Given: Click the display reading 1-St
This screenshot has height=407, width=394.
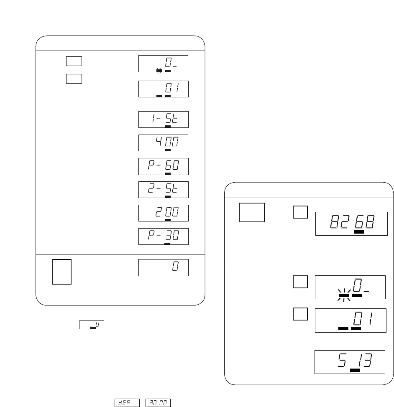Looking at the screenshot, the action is click(x=164, y=120).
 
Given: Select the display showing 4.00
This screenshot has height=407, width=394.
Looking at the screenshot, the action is click(x=164, y=143).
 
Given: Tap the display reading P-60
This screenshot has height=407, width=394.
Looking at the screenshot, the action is click(x=164, y=166).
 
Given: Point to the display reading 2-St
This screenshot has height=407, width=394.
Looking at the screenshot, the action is click(x=164, y=190).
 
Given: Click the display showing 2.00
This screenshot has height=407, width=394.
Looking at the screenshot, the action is click(x=164, y=213).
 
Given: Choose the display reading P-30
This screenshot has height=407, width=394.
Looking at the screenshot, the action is click(x=164, y=237).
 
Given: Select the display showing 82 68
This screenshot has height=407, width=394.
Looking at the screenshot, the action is click(x=351, y=224).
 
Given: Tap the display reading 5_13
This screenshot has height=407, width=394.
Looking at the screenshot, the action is click(x=350, y=362).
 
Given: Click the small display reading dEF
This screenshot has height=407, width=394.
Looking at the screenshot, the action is click(x=127, y=402).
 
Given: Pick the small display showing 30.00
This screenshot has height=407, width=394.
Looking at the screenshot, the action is click(x=158, y=402).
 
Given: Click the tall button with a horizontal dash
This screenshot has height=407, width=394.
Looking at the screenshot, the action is click(x=61, y=272).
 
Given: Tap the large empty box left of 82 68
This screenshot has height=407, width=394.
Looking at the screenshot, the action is click(x=251, y=213).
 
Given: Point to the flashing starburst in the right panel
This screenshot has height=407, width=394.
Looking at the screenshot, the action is click(x=344, y=295).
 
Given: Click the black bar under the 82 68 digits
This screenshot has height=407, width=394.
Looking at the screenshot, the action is click(x=359, y=232).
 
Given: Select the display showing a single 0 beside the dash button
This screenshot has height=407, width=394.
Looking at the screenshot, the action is click(x=164, y=267).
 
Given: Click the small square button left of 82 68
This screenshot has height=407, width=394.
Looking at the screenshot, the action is click(x=300, y=212).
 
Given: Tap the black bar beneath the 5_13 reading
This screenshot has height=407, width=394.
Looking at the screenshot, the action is click(x=355, y=370).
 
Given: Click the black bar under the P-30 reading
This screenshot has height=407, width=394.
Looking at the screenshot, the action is click(x=167, y=244).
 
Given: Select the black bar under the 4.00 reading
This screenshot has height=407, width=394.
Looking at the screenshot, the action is click(x=168, y=150).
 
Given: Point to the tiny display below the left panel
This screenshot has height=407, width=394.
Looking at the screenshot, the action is click(x=92, y=325).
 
